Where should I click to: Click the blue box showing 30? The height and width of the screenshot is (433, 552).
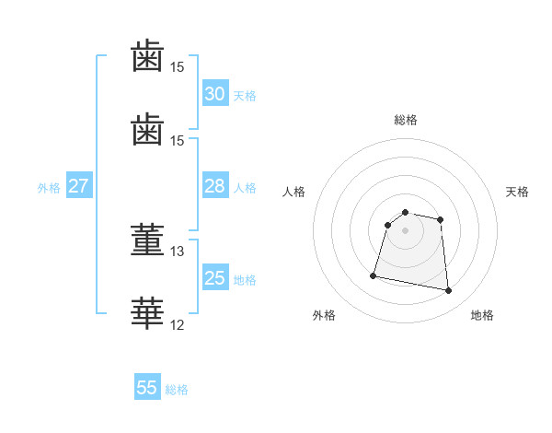tap(215, 93)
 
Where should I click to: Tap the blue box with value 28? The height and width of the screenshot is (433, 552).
tap(215, 185)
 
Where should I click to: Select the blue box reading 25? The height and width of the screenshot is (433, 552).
tap(215, 276)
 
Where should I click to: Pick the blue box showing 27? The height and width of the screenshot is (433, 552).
tap(79, 185)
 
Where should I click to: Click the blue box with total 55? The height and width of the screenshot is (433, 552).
tap(147, 386)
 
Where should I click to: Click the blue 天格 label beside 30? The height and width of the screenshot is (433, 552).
tap(245, 96)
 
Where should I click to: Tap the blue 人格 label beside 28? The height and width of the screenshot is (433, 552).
tap(245, 188)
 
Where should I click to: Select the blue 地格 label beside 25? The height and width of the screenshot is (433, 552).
tap(245, 280)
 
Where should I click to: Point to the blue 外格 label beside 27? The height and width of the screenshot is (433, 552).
tap(49, 188)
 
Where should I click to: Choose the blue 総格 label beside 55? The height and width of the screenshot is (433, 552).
tap(177, 390)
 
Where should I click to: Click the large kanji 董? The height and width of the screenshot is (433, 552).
tap(147, 240)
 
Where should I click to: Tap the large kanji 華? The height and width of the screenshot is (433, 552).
tap(147, 313)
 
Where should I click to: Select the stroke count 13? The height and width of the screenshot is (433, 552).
tap(177, 252)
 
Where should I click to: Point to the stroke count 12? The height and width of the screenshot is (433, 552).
tap(177, 325)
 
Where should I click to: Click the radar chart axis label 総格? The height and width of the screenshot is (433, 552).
tap(406, 120)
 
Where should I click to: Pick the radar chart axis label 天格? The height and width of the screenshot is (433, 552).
tap(517, 192)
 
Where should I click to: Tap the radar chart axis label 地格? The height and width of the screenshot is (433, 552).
tap(482, 315)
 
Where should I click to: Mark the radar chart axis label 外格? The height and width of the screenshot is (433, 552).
tap(324, 315)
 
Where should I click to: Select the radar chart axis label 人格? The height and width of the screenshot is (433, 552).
tap(293, 192)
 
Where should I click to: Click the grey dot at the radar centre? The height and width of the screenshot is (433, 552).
tap(405, 230)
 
